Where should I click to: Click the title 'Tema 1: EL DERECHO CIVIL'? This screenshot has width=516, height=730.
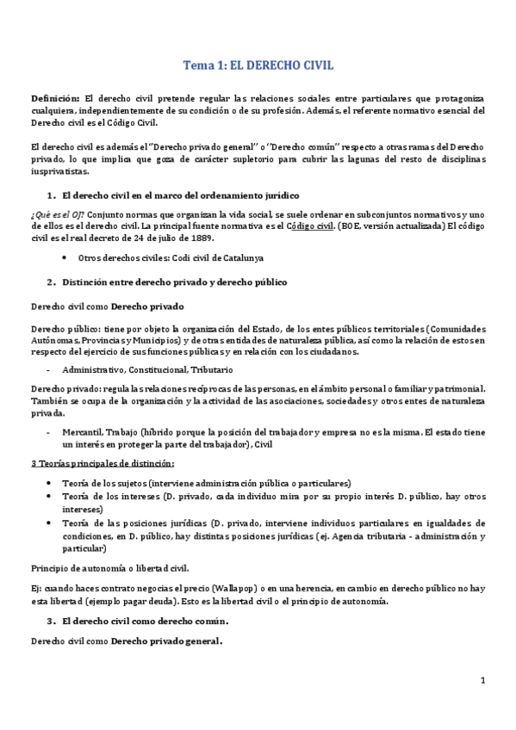(x=259, y=65)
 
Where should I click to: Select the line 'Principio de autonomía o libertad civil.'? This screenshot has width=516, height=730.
(x=109, y=568)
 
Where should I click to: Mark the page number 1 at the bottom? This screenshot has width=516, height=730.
(x=483, y=681)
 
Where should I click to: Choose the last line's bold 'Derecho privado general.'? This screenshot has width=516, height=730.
(x=167, y=641)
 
